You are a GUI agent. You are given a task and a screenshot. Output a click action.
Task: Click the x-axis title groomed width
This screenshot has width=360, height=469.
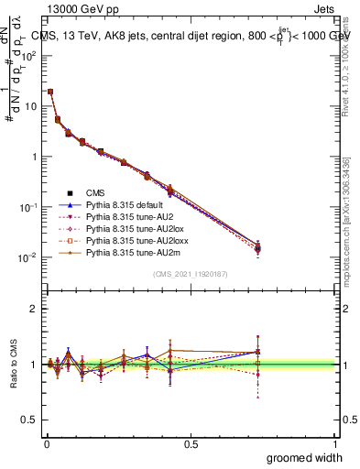[x=306, y=457]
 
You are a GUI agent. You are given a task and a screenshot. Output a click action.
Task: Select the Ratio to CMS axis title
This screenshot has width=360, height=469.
[x=13, y=365]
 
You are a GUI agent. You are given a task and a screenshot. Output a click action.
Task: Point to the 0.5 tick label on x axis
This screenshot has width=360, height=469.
[x=190, y=443]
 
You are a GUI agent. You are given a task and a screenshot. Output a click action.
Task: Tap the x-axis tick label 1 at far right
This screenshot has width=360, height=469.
[x=336, y=443]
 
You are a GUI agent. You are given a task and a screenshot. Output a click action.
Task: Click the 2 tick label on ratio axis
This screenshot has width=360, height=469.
[x=34, y=309]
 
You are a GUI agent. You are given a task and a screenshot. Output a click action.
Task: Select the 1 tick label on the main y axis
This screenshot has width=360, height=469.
[x=35, y=157]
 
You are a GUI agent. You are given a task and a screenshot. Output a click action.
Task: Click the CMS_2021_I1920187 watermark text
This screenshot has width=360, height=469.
[x=190, y=275]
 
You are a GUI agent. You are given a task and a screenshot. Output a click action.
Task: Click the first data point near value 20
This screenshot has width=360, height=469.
[x=49, y=92]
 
